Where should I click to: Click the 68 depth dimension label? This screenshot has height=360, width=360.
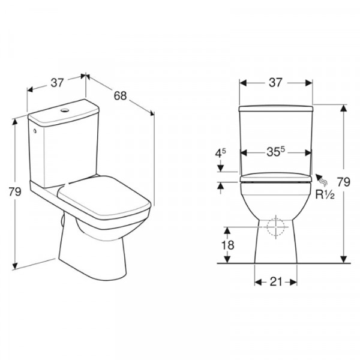(120, 95)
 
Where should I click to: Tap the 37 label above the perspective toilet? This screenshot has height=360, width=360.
(57, 82)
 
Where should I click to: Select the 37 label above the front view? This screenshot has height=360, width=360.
(275, 82)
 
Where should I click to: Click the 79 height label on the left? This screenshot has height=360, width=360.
(15, 191)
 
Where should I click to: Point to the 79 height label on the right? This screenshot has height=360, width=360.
(343, 182)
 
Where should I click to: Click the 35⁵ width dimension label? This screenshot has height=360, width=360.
(275, 152)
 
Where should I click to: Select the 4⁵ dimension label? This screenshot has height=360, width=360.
(220, 153)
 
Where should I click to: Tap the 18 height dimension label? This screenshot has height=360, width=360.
(228, 245)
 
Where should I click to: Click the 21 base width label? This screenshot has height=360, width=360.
(276, 282)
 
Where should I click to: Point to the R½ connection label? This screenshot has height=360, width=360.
(325, 194)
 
